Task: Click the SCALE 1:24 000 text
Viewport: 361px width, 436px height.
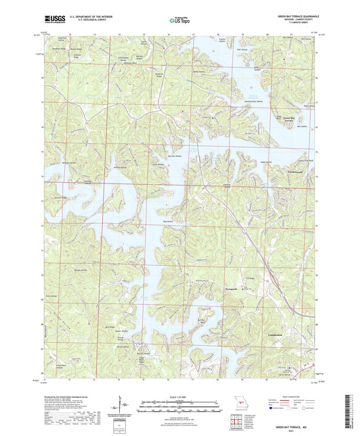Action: tap(179, 395)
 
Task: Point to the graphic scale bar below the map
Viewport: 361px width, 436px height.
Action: tap(179, 408)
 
